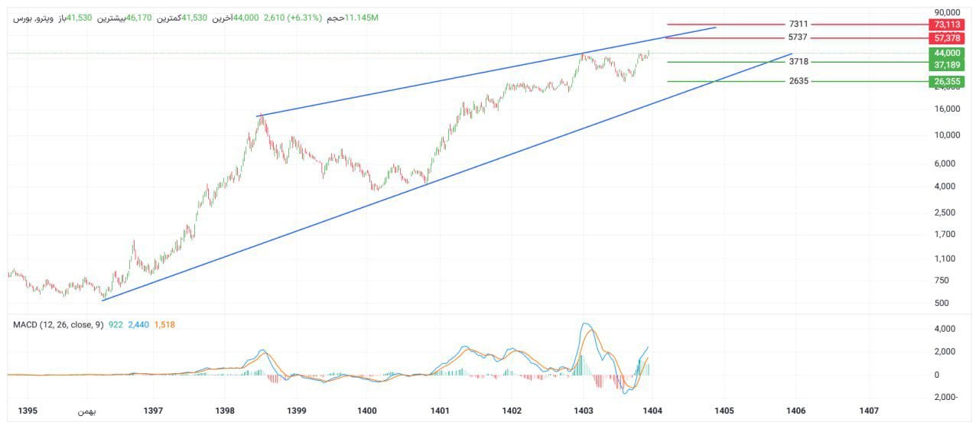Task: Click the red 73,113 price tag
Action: [x=947, y=24]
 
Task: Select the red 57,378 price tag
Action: [x=947, y=38]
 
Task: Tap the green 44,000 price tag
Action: [x=947, y=53]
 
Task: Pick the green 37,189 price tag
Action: [x=947, y=65]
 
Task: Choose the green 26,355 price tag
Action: [x=947, y=82]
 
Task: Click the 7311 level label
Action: [x=798, y=24]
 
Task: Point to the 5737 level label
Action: [x=798, y=37]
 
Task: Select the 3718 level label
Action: [x=798, y=61]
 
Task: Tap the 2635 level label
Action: [x=798, y=81]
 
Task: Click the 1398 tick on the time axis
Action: [x=225, y=411]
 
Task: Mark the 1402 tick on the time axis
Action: [x=512, y=411]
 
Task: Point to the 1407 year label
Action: [x=868, y=411]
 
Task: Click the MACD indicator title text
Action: [x=58, y=325]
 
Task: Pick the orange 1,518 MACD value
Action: [x=164, y=325]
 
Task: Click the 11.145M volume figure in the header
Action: [x=362, y=18]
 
